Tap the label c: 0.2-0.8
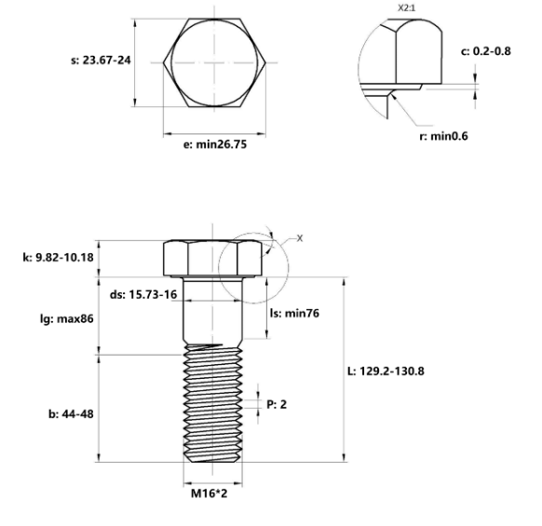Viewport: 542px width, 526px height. [485, 51]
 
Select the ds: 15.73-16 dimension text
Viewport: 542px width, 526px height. [143, 295]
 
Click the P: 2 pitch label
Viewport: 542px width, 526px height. [278, 404]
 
